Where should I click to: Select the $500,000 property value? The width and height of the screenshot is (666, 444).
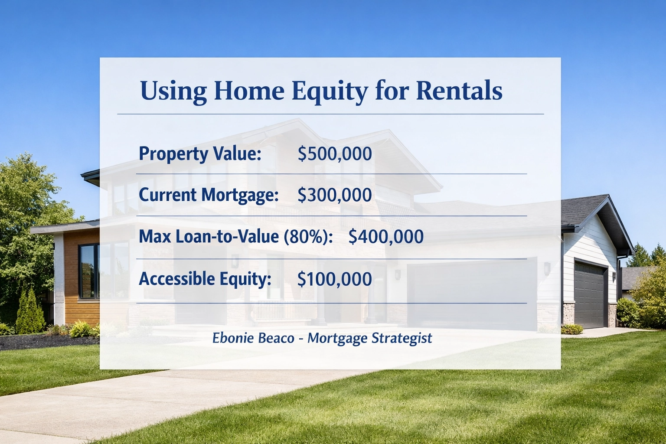tap(335, 154)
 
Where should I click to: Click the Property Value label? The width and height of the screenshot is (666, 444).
tap(200, 154)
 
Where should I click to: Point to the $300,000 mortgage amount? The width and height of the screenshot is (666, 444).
tap(335, 195)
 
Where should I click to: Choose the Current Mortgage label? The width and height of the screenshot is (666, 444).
tap(209, 195)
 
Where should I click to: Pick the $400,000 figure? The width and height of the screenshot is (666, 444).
tap(386, 237)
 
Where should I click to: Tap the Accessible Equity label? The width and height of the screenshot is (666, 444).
tap(205, 279)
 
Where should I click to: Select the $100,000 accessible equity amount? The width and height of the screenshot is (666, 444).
tap(335, 279)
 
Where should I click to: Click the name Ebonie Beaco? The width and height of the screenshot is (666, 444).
tap(253, 338)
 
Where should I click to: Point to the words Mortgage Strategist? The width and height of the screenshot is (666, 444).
tap(369, 338)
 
